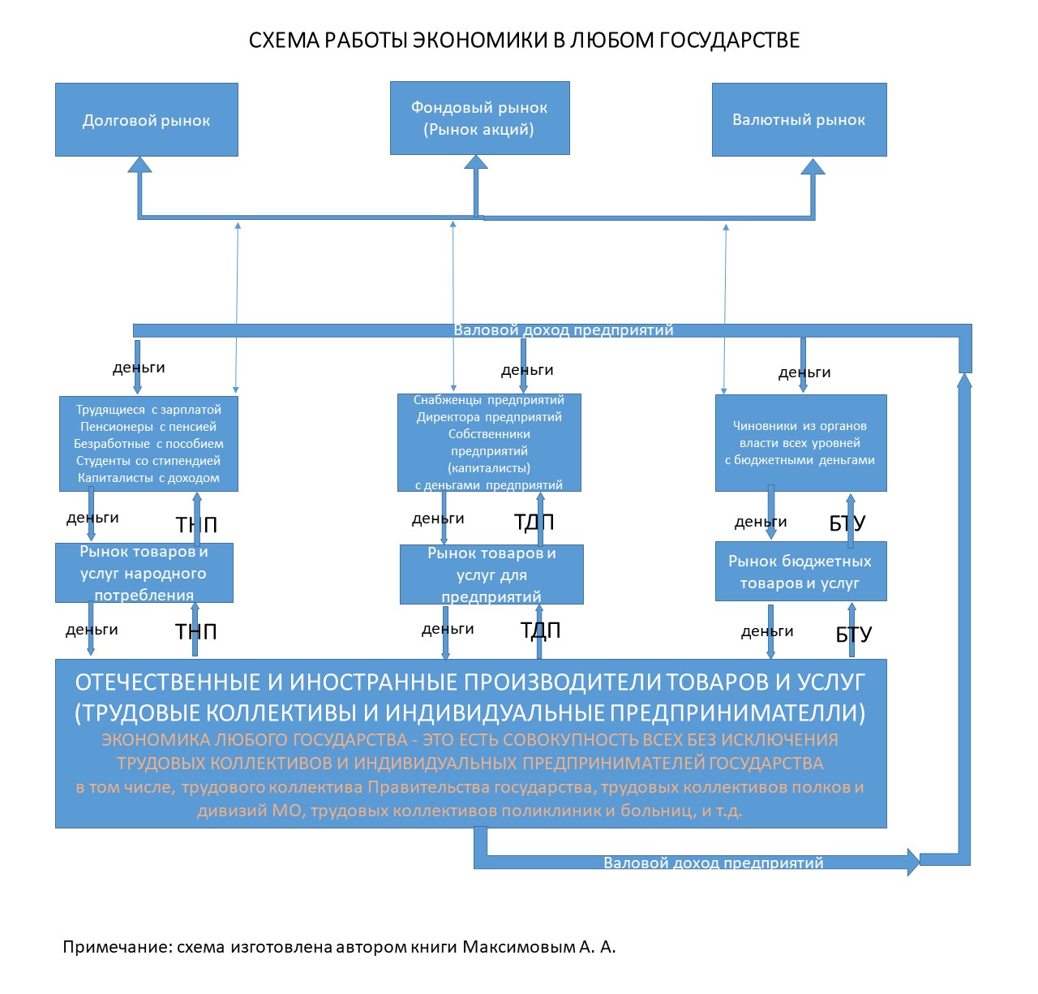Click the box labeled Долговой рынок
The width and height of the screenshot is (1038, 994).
point(146,119)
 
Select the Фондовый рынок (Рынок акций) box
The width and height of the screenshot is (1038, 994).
point(479,118)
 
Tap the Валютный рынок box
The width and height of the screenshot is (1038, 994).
point(799,119)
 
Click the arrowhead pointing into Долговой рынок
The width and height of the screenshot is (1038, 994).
point(140,165)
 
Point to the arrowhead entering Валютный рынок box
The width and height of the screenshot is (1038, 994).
point(813,166)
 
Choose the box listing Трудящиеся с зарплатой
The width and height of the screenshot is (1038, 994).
point(148,444)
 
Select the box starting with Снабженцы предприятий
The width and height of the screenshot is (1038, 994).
point(489,442)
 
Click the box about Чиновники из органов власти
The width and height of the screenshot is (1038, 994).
point(800,443)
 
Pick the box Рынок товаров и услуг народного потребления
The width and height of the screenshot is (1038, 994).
point(144,573)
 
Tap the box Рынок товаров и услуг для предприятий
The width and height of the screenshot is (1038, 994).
point(491,574)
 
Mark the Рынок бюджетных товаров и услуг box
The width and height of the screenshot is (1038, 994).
point(800,571)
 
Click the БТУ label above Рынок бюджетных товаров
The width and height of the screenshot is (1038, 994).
point(847,523)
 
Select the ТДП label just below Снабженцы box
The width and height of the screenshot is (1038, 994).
point(534,522)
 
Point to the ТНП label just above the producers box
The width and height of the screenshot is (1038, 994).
point(195,631)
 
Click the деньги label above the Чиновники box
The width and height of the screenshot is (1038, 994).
point(804,372)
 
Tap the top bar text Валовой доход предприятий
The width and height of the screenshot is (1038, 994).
point(564,330)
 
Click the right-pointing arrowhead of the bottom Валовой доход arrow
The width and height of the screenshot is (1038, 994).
point(913,862)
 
